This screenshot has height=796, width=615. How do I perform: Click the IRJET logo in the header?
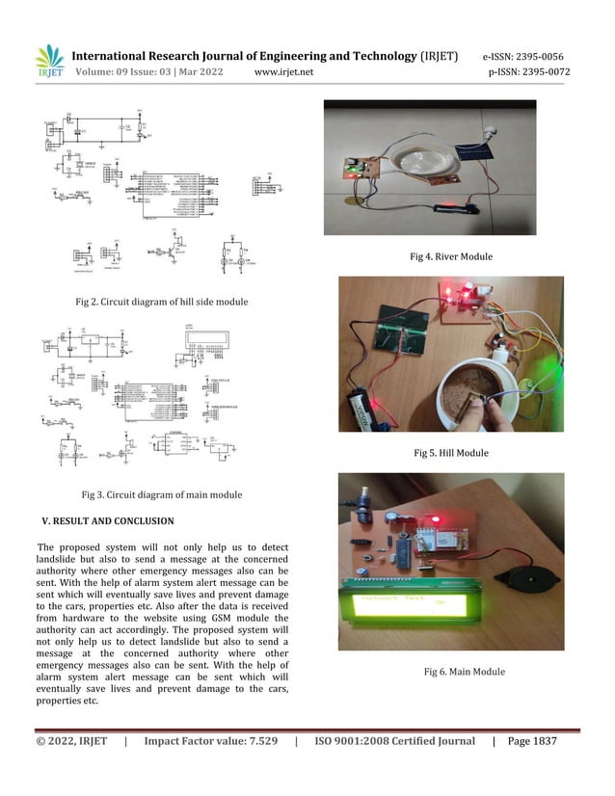point(48,61)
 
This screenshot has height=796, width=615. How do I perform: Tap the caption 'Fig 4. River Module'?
point(451,257)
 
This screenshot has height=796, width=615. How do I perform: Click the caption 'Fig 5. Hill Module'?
point(451,452)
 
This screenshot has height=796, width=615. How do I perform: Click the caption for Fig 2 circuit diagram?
point(162,302)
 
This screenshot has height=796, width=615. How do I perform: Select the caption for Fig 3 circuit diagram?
point(162,495)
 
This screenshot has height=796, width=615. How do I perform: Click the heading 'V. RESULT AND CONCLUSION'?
point(107,521)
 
